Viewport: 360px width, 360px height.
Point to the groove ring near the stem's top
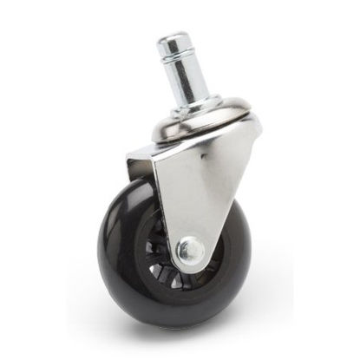tap(177, 57)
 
